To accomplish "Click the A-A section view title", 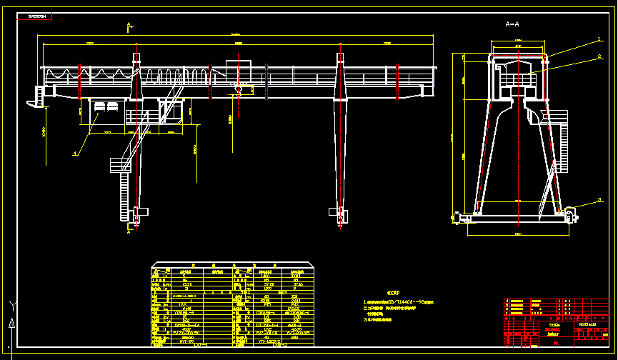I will (x=512, y=24).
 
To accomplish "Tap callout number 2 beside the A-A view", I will (x=599, y=55).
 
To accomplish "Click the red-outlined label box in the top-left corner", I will (x=37, y=16).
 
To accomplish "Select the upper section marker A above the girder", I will (x=129, y=26).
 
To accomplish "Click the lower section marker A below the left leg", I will (x=129, y=230).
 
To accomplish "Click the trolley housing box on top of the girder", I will (x=239, y=71).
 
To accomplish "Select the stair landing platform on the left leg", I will (x=118, y=164).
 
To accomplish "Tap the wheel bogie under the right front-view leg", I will (x=337, y=212).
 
